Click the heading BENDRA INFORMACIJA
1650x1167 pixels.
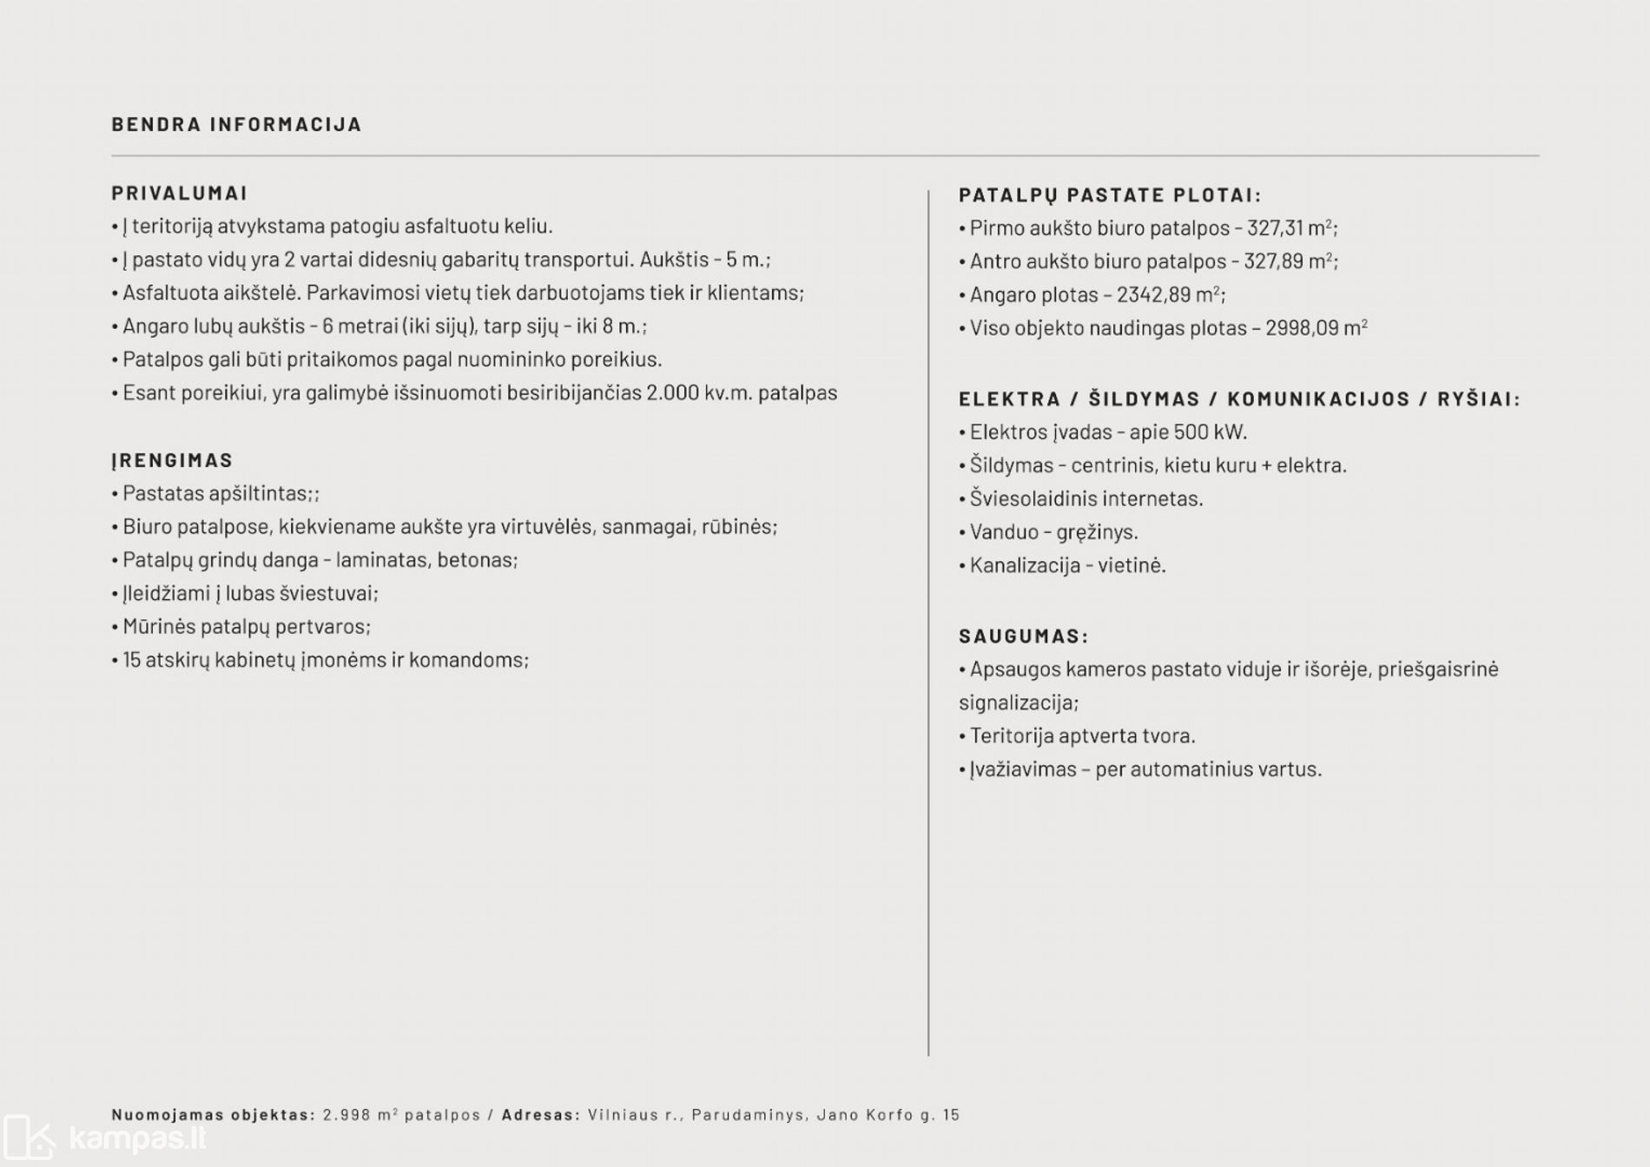[x=236, y=124]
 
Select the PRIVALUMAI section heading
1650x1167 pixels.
[x=180, y=193]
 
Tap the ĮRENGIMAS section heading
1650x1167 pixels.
[x=172, y=459]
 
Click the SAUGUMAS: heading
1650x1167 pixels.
[x=1023, y=636]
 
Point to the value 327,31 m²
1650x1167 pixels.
[x=1290, y=227]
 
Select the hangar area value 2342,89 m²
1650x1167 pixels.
[x=1169, y=294]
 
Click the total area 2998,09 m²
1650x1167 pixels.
[x=1316, y=327]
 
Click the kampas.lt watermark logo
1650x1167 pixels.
[x=104, y=1137]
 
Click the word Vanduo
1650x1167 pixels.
[x=1004, y=531]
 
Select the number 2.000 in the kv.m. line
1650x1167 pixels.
[x=672, y=392]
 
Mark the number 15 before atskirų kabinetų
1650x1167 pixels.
[x=132, y=660]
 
